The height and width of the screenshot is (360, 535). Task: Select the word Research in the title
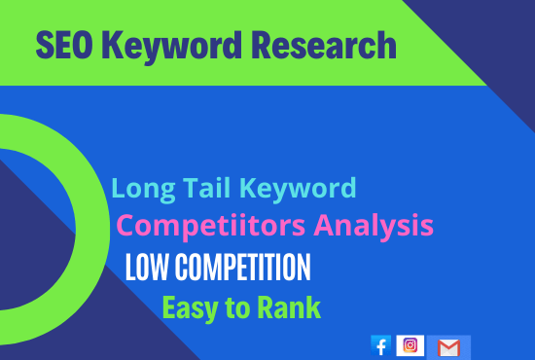tap(325, 46)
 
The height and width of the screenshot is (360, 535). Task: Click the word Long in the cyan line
tap(138, 188)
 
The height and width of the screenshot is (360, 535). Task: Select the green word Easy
tap(189, 308)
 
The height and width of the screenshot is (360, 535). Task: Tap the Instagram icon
tap(411, 345)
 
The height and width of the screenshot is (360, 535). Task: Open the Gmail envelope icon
tap(448, 347)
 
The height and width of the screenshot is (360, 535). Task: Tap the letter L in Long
tap(119, 188)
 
